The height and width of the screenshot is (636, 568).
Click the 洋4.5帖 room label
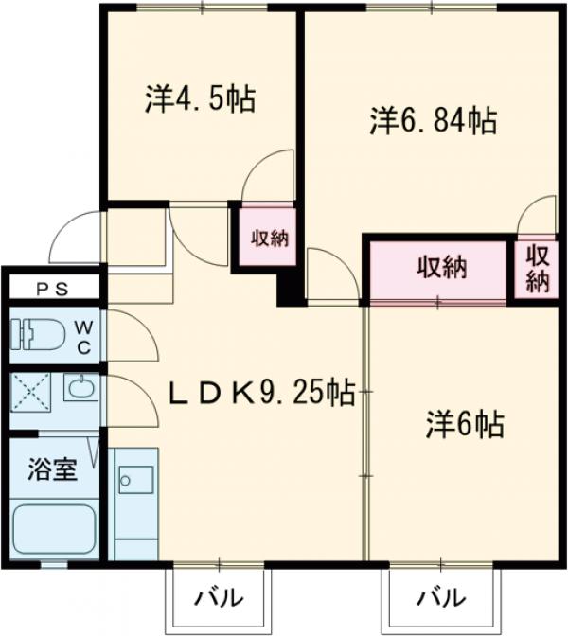(x=201, y=99)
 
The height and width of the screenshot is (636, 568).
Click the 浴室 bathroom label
(x=51, y=470)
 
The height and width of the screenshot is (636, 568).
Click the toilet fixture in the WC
(x=38, y=334)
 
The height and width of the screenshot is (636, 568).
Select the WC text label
(x=83, y=334)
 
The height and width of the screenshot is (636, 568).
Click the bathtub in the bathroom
(x=55, y=531)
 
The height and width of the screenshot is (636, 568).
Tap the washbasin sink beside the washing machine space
(x=81, y=388)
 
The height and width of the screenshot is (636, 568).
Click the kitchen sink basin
(x=128, y=479)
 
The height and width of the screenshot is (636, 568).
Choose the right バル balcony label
(x=441, y=598)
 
